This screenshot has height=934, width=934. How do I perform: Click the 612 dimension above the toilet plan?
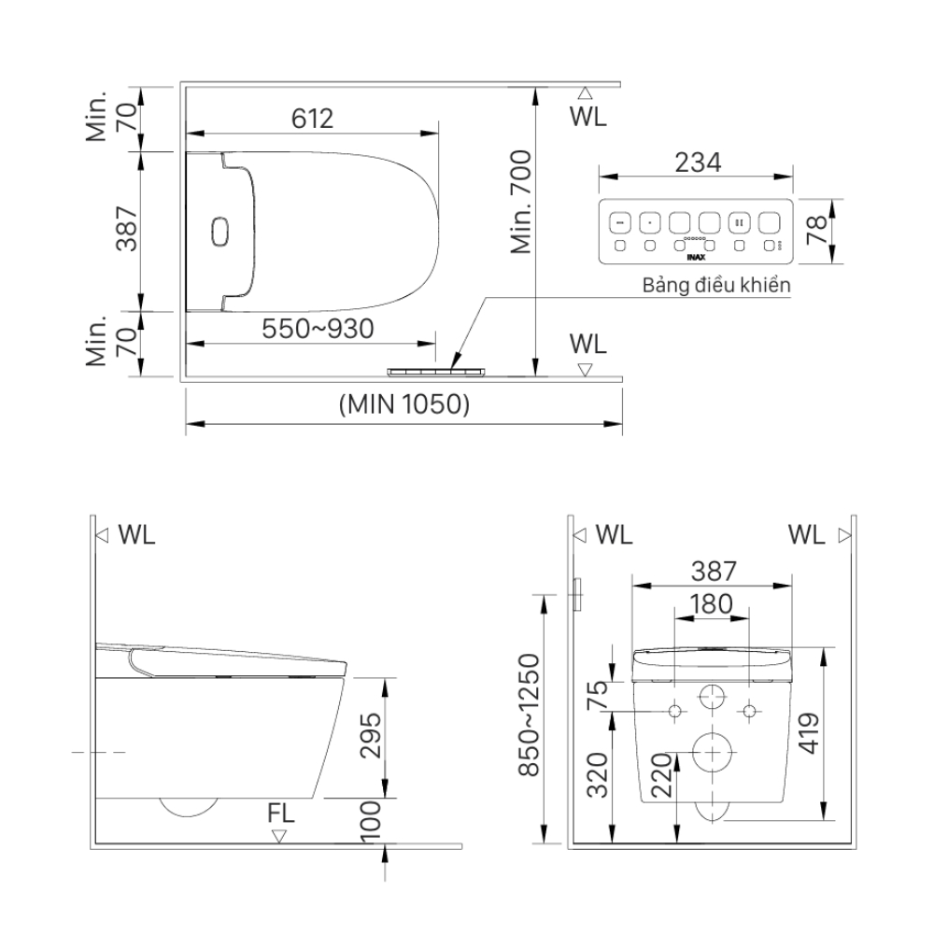[x=312, y=119]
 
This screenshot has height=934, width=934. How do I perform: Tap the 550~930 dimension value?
[x=318, y=329]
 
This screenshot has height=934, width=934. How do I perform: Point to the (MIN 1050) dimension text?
[x=403, y=404]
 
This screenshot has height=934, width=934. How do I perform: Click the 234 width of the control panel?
[x=697, y=162]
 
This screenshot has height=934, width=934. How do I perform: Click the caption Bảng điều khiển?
[x=716, y=286]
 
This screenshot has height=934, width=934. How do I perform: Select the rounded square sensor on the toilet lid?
[x=220, y=231]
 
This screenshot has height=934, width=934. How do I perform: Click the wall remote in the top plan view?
[x=439, y=371]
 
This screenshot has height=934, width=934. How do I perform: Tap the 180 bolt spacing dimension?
[x=711, y=604]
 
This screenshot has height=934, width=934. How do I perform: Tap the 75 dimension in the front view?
[x=599, y=696]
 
